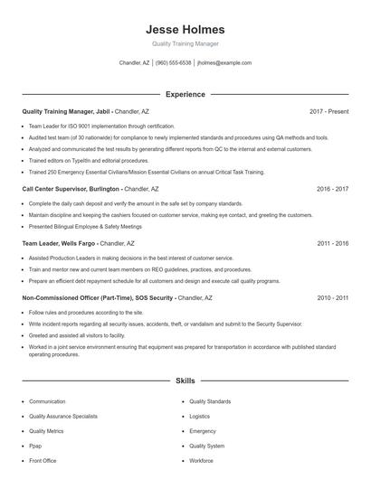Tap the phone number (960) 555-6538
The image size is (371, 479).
coord(173,63)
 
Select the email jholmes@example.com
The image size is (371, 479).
coord(224,63)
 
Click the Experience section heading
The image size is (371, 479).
coord(185,94)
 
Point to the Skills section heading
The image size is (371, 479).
coord(185,381)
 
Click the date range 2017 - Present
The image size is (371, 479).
coord(328,111)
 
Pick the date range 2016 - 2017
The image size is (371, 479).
coord(332,189)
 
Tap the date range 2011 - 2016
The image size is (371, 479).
coord(332,243)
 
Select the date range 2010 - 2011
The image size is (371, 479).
coord(332,297)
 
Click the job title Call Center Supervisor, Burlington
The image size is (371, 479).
coord(71,189)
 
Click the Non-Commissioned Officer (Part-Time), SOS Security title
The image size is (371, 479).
coord(98,297)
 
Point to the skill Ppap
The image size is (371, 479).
coord(36,446)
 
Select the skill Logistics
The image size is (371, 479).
coord(199,416)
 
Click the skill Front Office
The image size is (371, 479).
coord(43,461)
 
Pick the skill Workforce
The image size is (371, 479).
coord(201,461)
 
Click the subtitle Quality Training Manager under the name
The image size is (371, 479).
coord(185,43)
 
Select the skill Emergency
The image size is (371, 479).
coord(202,431)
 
